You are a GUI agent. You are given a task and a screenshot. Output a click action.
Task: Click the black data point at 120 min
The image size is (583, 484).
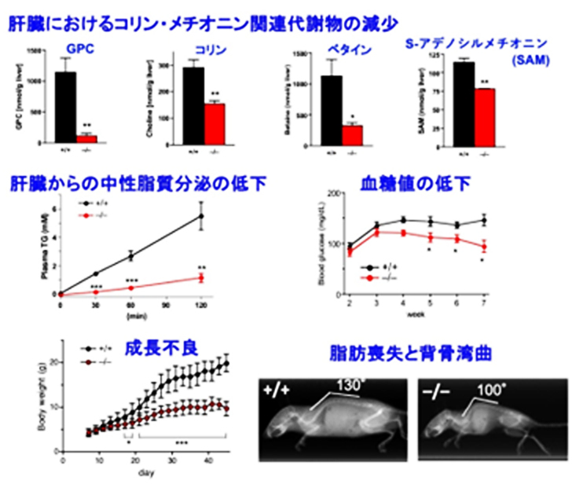click(202, 216)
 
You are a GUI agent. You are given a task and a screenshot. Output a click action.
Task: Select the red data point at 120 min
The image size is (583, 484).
click(202, 277)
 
